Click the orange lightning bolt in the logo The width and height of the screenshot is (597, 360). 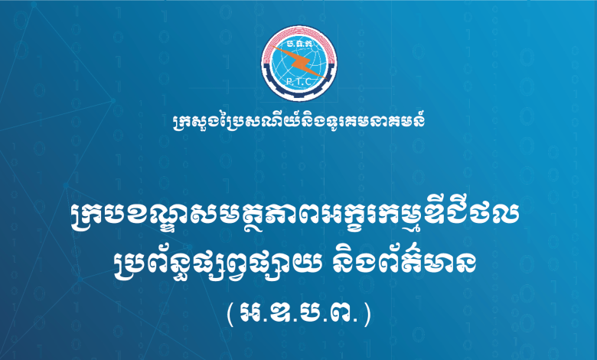[299, 62]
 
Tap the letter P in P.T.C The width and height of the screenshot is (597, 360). [288, 81]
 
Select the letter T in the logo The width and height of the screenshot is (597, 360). [298, 82]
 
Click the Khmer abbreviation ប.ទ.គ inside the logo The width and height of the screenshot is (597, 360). [298, 44]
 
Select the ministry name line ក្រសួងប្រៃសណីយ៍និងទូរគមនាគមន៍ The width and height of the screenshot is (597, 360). [298, 121]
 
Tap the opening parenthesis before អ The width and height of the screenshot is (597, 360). [230, 315]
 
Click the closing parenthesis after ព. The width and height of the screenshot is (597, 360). [367, 315]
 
